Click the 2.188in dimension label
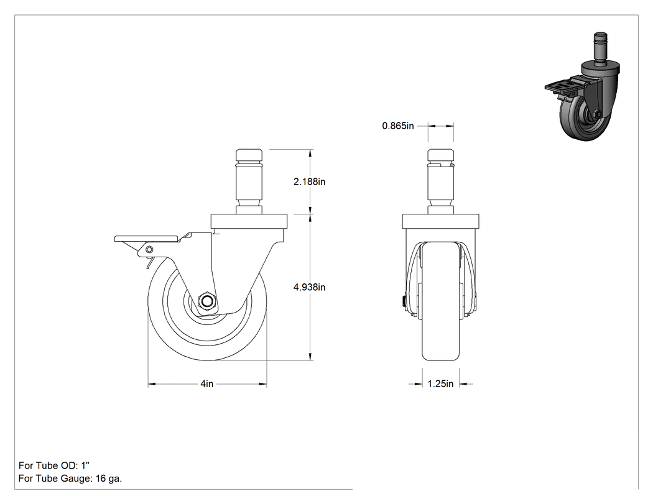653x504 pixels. pyautogui.click(x=309, y=181)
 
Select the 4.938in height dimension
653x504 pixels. pyautogui.click(x=309, y=287)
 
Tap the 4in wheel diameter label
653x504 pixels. pyautogui.click(x=206, y=383)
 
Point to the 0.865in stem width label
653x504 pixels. pyautogui.click(x=398, y=126)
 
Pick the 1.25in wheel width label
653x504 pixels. pyautogui.click(x=440, y=383)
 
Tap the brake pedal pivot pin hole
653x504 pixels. pyautogui.click(x=149, y=250)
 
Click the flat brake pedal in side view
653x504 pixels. pyautogui.click(x=147, y=239)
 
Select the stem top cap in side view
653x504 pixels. pyautogui.click(x=249, y=156)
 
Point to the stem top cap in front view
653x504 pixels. pyautogui.click(x=440, y=156)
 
